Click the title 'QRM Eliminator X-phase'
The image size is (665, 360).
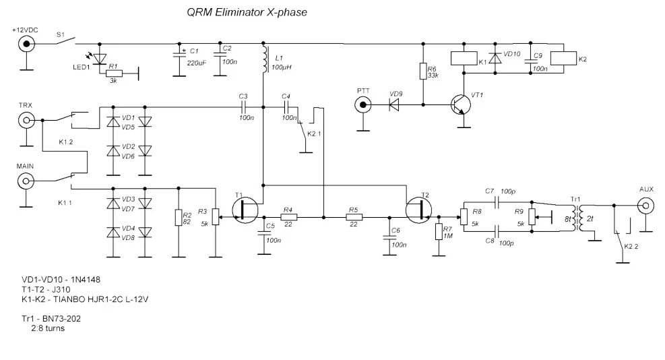247,12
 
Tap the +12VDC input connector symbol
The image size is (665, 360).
26,44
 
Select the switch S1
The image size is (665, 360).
66,41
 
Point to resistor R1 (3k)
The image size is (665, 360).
114,73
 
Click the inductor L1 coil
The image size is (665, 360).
265,60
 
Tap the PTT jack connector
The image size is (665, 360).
363,104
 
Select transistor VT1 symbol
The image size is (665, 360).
461,104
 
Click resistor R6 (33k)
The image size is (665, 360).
423,71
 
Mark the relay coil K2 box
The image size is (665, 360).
564,59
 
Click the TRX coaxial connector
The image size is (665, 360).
26,120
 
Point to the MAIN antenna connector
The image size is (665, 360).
26,181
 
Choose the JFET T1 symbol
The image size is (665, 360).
245,210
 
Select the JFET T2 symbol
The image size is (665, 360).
418,210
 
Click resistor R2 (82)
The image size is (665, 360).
179,217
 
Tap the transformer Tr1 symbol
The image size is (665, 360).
576,218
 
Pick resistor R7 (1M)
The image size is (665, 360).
439,232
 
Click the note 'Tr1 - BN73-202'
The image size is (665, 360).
51,318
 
